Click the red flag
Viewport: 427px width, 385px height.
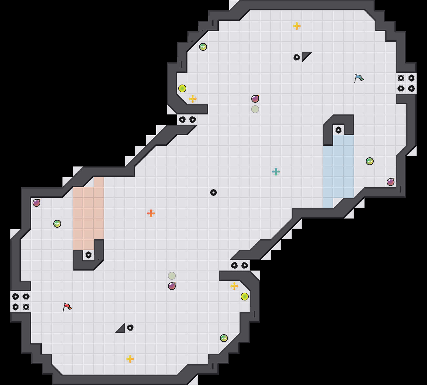(x=67, y=307)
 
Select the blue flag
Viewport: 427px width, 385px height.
(x=359, y=78)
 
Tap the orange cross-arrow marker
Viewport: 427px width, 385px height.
(x=151, y=213)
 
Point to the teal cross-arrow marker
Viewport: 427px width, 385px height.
(x=276, y=172)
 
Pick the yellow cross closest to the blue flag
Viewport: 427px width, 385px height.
(x=297, y=26)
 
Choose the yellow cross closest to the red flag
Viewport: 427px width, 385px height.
(x=130, y=359)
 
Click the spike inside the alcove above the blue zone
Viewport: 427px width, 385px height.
(x=338, y=130)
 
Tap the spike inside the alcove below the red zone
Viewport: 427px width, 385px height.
(x=89, y=255)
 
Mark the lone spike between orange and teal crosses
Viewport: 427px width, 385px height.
(x=213, y=192)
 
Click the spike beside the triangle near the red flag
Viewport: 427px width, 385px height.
(x=130, y=328)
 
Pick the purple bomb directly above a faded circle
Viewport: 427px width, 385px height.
(x=255, y=99)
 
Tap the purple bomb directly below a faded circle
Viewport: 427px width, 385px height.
(x=172, y=286)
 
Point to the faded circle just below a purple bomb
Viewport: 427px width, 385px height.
(x=255, y=109)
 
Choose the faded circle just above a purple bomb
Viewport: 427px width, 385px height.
(x=172, y=276)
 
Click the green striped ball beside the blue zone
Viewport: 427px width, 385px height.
(x=370, y=161)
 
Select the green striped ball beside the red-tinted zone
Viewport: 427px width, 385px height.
(x=57, y=224)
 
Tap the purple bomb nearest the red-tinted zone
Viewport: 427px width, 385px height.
(x=36, y=203)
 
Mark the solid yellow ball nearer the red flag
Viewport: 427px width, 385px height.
(x=245, y=297)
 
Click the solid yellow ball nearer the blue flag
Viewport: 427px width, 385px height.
(x=182, y=88)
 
